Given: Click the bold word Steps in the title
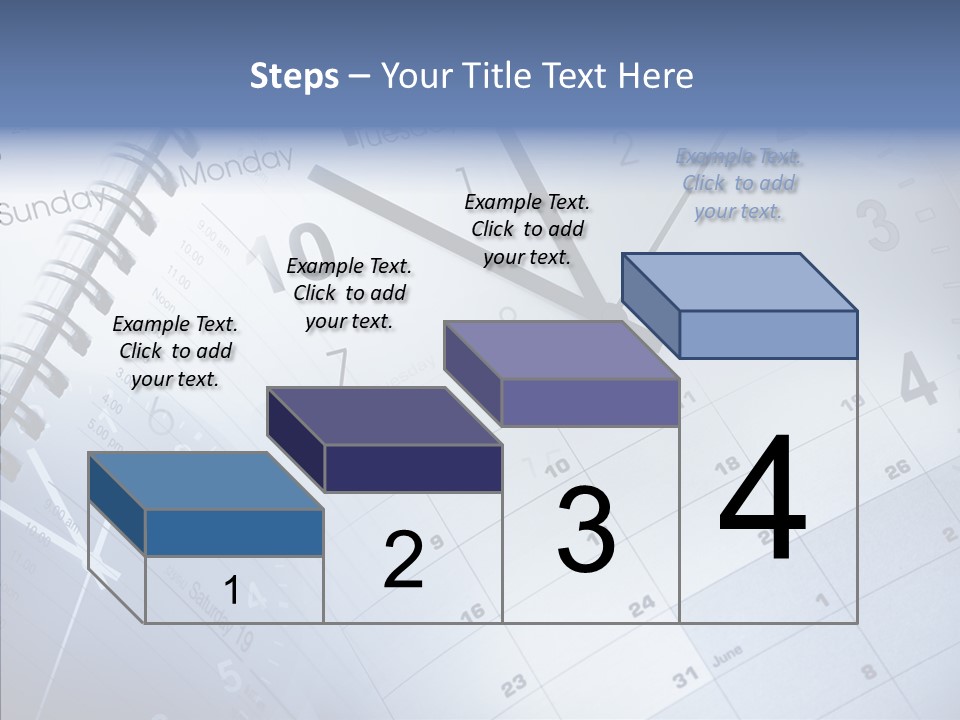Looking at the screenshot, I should pyautogui.click(x=294, y=76).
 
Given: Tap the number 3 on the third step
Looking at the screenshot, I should pyautogui.click(x=585, y=531).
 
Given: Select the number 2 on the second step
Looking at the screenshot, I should pyautogui.click(x=404, y=560).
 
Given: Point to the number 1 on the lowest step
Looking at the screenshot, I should pyautogui.click(x=231, y=591).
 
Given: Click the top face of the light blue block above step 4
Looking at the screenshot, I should pyautogui.click(x=740, y=281).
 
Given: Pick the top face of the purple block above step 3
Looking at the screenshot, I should pyautogui.click(x=562, y=350).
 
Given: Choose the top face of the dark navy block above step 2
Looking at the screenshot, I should pyautogui.click(x=384, y=416).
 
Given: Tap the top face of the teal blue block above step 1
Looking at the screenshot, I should pyautogui.click(x=206, y=481).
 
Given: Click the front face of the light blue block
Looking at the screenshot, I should pyautogui.click(x=768, y=334).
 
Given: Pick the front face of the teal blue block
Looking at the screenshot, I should pyautogui.click(x=234, y=532).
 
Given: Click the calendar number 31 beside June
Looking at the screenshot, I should pyautogui.click(x=684, y=678).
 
